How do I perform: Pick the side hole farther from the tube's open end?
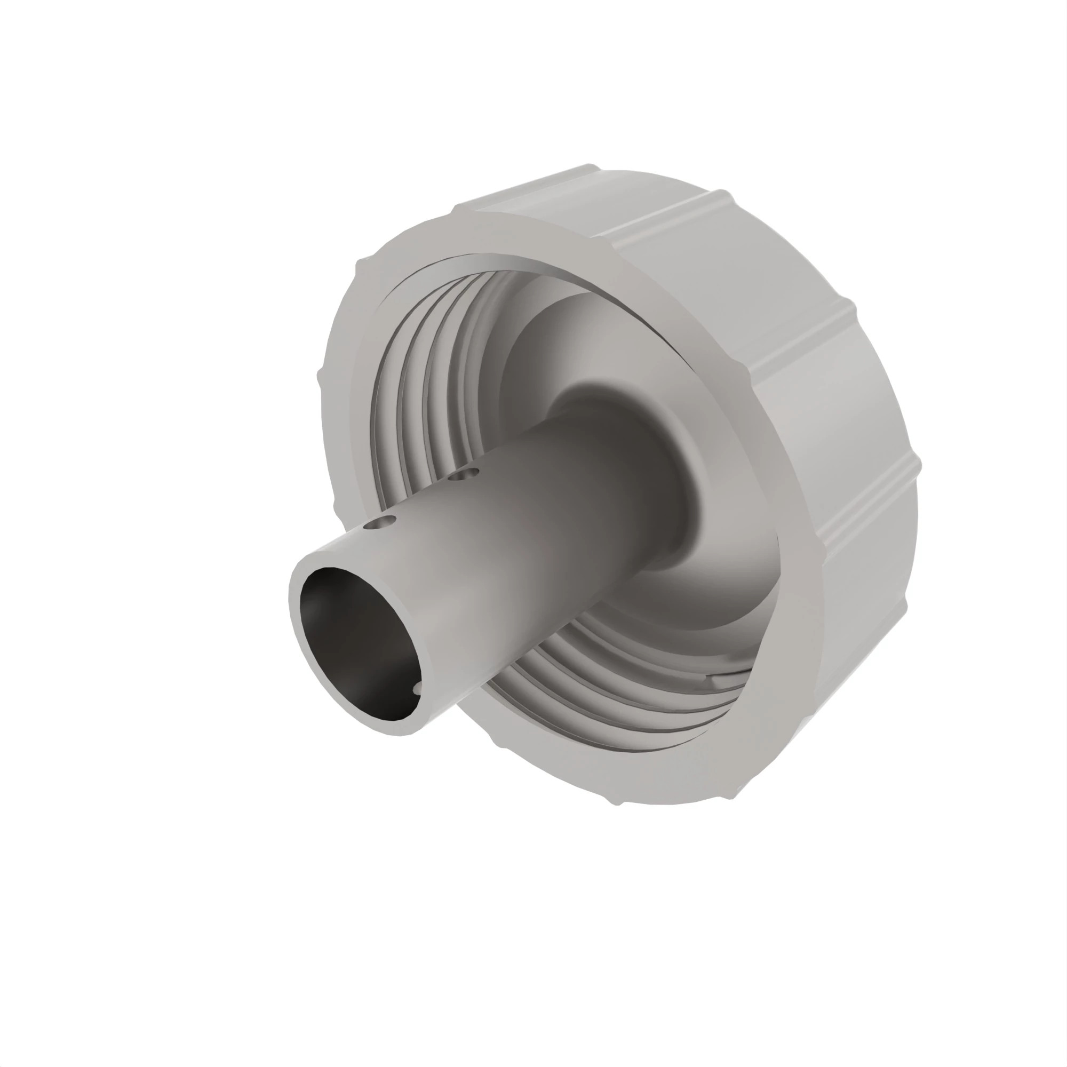click(464, 474)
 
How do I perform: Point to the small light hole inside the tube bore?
click(417, 688)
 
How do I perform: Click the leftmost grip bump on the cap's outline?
click(320, 381)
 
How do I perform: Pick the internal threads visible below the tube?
click(608, 679)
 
